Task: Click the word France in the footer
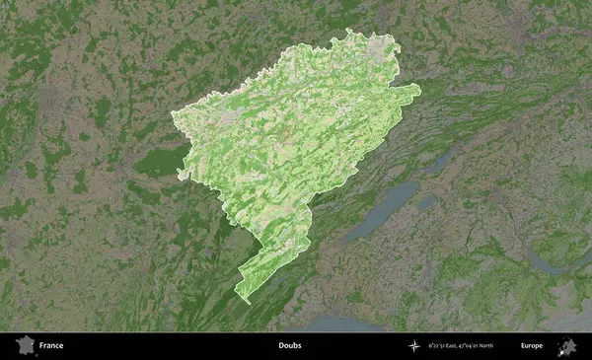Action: (x=51, y=346)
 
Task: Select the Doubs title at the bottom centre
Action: (x=289, y=346)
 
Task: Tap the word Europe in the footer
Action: (x=532, y=346)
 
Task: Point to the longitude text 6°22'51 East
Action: (x=444, y=346)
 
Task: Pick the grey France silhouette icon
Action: (x=25, y=345)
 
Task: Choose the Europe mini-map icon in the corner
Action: (x=568, y=345)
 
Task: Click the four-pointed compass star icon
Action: (x=413, y=346)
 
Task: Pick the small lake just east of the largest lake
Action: (x=426, y=200)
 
